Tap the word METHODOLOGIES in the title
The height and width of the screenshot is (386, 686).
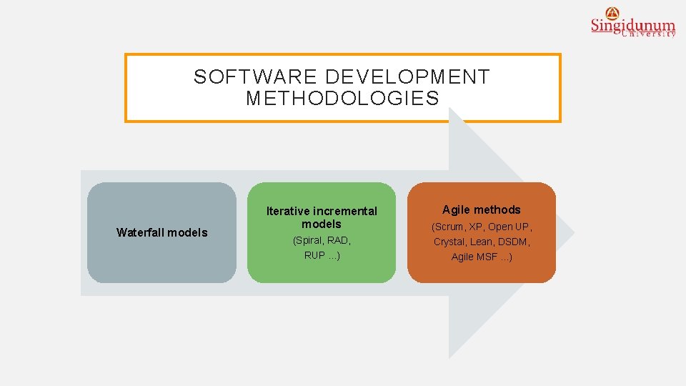(x=342, y=99)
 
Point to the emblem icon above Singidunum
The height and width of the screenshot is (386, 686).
(x=612, y=12)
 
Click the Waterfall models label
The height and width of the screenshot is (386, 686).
(x=161, y=232)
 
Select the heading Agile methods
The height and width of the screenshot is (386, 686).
(x=481, y=209)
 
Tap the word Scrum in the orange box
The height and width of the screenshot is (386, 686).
(x=449, y=227)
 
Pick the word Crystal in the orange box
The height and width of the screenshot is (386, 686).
(x=449, y=242)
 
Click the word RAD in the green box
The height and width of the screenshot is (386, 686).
(x=339, y=241)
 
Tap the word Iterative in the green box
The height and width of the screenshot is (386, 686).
(x=288, y=211)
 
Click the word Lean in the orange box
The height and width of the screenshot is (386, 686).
(x=482, y=242)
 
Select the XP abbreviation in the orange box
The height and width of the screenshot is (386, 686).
(x=475, y=227)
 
